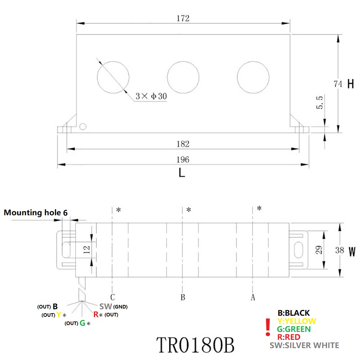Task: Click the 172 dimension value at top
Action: point(183,18)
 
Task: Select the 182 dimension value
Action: point(183,144)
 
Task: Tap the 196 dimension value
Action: point(183,159)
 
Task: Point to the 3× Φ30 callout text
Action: point(151,96)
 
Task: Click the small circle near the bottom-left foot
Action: point(83,126)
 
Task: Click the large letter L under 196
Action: point(182,173)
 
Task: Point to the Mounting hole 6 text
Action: point(35,213)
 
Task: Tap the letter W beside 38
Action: point(352,251)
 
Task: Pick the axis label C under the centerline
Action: point(113,297)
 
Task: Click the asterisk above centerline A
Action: point(259,208)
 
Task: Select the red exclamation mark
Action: point(267,327)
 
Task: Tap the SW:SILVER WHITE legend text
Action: point(304,345)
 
